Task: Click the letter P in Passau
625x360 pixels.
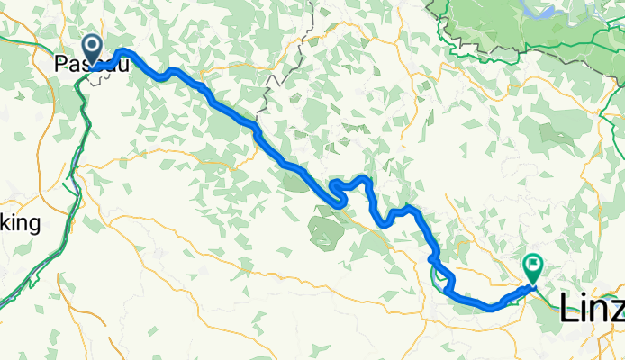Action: [60, 65]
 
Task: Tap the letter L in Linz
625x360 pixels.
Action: [568, 309]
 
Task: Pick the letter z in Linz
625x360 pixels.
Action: [615, 310]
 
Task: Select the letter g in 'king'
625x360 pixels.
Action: [33, 227]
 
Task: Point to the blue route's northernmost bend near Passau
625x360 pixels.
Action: [124, 51]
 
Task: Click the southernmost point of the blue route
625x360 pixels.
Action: [494, 309]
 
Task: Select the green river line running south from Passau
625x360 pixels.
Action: [82, 126]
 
